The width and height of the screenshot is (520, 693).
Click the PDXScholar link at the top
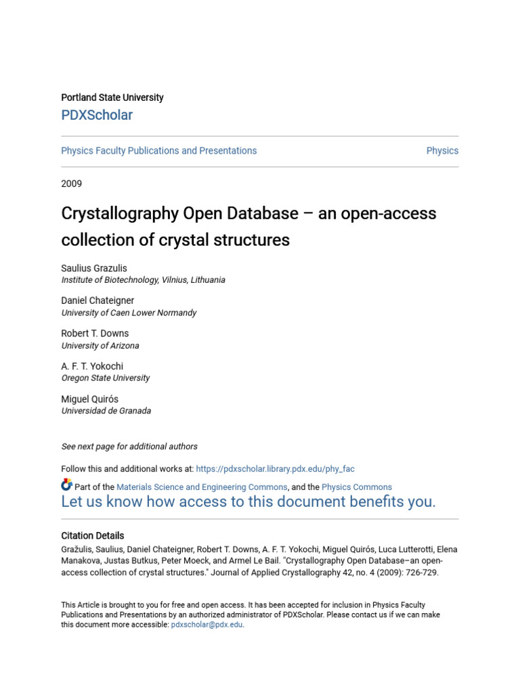click(97, 115)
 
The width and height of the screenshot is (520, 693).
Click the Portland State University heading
click(112, 97)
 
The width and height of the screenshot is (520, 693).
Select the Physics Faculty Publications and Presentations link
click(159, 151)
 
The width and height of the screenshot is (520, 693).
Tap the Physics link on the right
click(442, 151)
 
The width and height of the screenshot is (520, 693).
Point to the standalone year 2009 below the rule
click(71, 183)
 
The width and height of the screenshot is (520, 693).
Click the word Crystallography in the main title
click(118, 214)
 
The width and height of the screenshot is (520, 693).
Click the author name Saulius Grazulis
click(94, 268)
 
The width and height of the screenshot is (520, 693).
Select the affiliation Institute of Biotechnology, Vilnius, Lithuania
click(144, 280)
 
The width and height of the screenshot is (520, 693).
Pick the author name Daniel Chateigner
click(97, 300)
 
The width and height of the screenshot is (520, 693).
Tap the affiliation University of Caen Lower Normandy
click(129, 313)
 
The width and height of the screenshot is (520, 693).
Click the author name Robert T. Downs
click(95, 334)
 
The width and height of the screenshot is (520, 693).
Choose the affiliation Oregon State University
click(106, 378)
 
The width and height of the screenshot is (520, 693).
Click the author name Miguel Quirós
click(89, 399)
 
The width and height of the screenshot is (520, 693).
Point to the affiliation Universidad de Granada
click(106, 411)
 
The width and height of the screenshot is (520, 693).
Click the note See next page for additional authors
click(129, 447)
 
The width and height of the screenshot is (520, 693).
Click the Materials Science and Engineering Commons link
click(202, 487)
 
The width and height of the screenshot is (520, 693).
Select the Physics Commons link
click(357, 487)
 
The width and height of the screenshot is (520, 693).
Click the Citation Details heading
click(93, 535)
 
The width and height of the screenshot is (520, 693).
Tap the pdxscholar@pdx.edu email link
click(207, 625)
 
